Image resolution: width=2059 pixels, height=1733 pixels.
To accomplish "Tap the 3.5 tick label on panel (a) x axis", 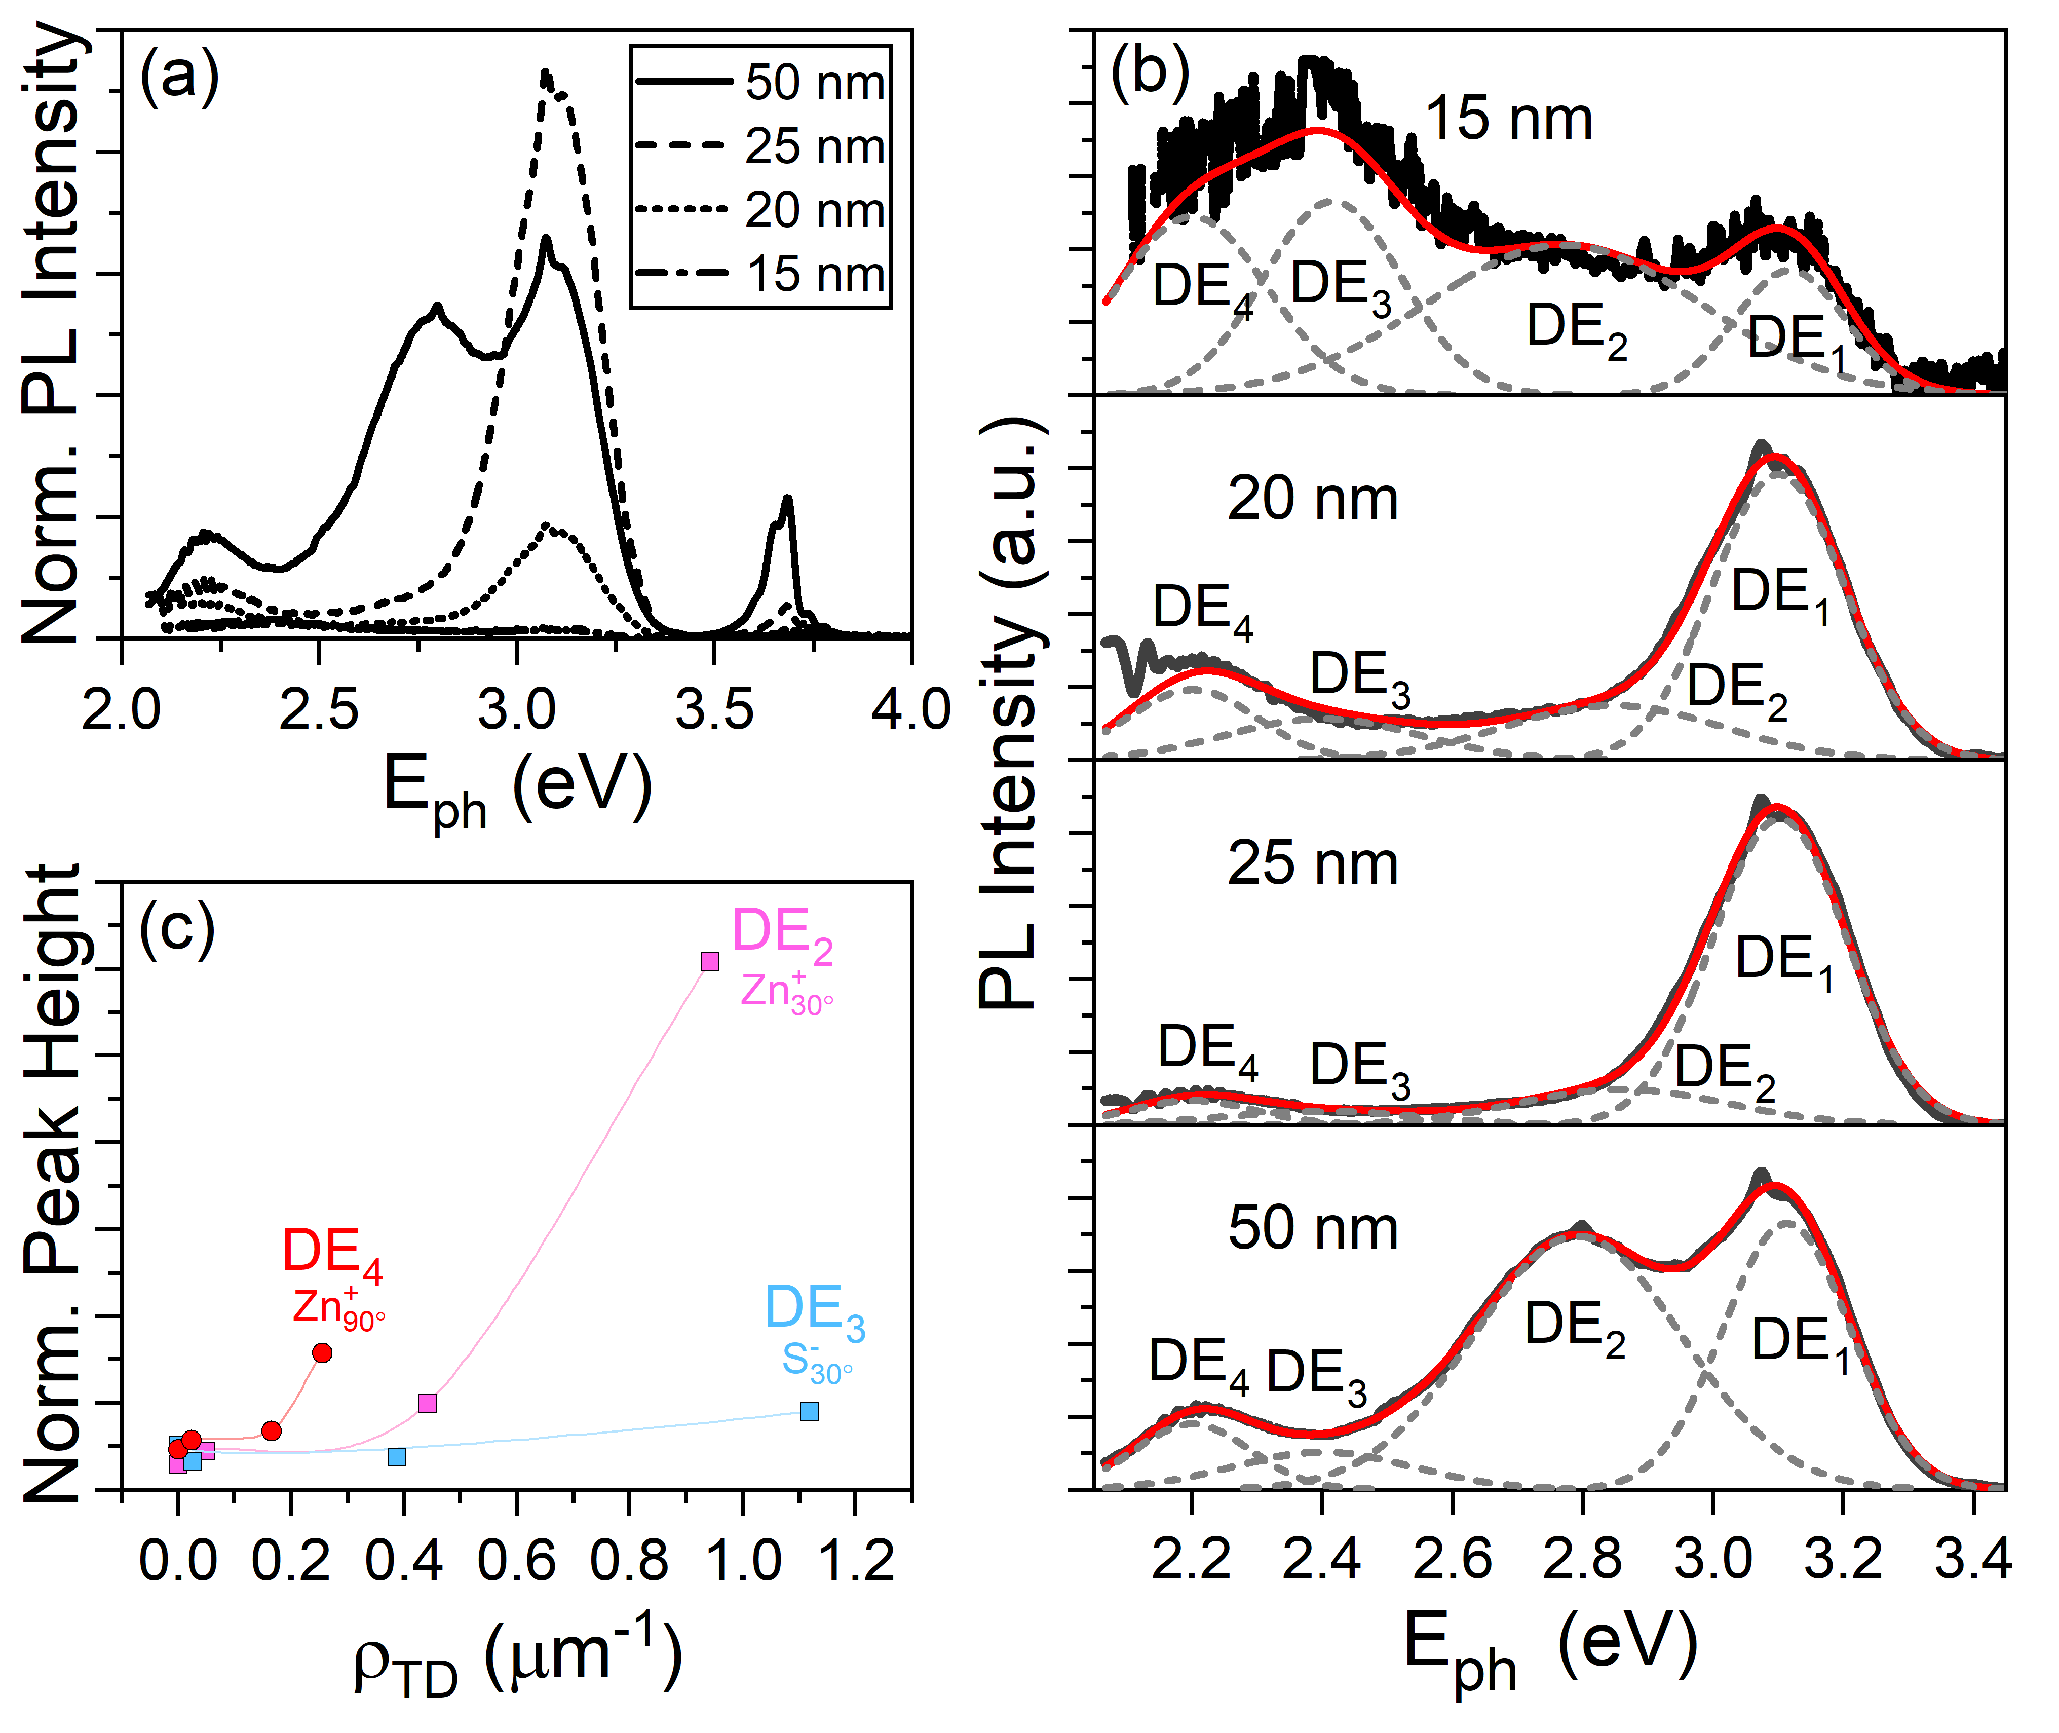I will click(714, 709).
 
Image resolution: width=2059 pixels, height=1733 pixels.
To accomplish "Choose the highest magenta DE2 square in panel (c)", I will click(709, 961).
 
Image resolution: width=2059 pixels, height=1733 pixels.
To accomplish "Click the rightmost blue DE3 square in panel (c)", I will click(809, 1411).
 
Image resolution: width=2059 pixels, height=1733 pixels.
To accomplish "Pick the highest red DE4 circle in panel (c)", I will click(321, 1353).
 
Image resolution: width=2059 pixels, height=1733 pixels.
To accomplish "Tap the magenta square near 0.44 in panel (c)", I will click(426, 1403).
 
